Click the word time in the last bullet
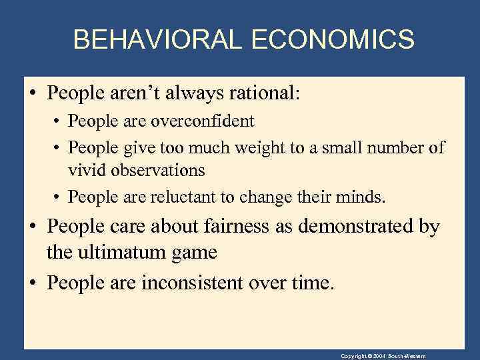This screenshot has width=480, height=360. click(312, 283)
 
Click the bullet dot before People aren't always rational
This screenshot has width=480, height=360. click(34, 94)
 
